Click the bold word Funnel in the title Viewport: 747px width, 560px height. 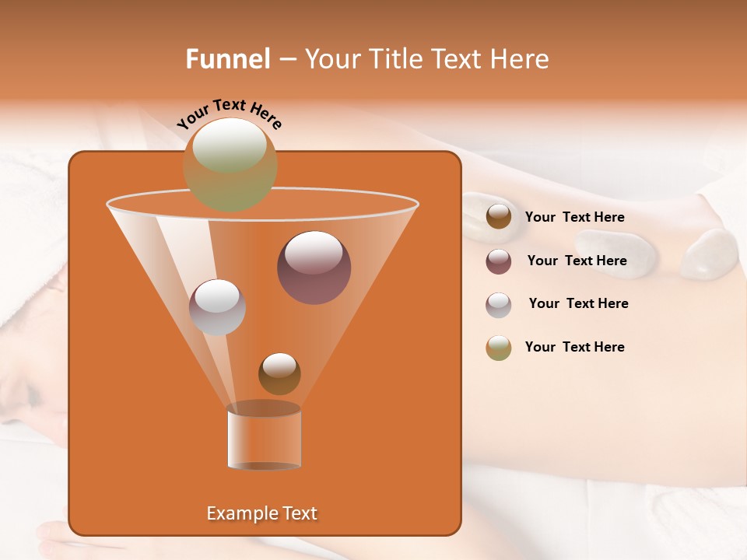227,59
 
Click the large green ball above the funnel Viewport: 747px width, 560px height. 230,164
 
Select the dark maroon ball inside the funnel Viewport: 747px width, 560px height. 314,268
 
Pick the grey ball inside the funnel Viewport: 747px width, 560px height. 217,306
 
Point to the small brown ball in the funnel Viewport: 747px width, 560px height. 279,373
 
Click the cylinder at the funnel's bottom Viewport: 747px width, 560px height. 264,439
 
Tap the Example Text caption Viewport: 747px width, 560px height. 261,513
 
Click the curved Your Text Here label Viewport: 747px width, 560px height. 229,114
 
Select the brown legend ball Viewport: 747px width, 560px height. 499,217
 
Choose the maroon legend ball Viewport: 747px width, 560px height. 499,261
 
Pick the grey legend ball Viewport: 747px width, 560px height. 499,305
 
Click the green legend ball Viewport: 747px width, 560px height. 499,348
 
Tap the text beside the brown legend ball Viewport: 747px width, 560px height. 574,218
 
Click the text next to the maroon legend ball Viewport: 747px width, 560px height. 577,261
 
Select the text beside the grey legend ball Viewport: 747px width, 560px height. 578,304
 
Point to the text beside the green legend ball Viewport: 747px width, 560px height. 574,348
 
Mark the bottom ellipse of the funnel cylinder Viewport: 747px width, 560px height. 264,466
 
